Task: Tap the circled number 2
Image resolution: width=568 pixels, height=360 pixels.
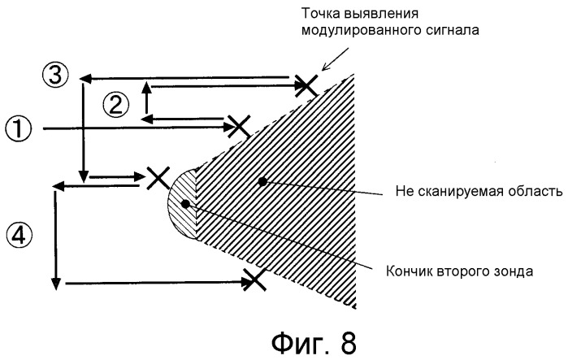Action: coord(115,103)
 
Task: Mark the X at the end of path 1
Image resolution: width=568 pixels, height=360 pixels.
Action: coord(237,124)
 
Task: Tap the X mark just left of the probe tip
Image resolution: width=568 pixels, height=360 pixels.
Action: coord(156,177)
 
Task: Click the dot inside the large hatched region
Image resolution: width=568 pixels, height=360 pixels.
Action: coord(262,181)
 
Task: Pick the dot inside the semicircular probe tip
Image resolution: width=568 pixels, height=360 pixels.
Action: coord(186,203)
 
